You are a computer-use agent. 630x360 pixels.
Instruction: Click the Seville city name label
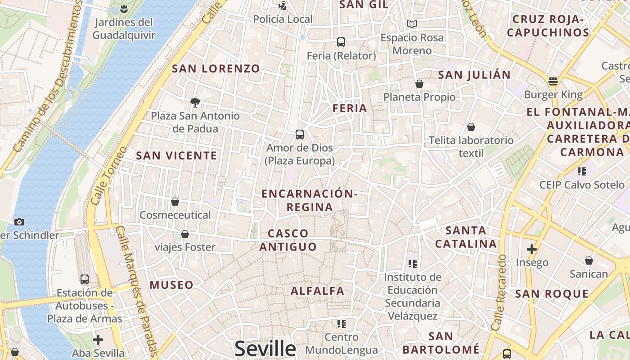(265, 349)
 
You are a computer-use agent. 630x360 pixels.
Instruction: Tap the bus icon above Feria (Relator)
(341, 42)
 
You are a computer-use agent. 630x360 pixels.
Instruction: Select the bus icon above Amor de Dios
(300, 134)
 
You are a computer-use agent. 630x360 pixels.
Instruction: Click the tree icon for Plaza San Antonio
(195, 103)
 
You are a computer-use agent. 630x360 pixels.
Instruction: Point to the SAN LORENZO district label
(216, 69)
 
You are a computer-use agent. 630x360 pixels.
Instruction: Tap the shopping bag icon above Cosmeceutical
(175, 202)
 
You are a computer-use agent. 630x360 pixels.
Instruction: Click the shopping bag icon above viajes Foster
(184, 234)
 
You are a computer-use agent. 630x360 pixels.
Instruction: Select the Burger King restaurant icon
(553, 81)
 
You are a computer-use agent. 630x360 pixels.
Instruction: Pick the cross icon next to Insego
(532, 249)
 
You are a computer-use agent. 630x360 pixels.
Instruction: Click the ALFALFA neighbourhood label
(317, 291)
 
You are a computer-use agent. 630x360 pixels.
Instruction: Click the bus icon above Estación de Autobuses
(84, 279)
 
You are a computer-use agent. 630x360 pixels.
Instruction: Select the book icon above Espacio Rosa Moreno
(412, 24)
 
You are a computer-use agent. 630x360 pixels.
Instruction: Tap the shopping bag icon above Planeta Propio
(419, 84)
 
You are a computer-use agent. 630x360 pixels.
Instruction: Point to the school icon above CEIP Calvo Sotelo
(582, 171)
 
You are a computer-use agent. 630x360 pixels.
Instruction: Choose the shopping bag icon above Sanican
(589, 261)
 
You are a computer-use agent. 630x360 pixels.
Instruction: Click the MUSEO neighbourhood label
(171, 285)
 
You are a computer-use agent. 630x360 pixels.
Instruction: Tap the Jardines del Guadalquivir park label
(124, 28)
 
